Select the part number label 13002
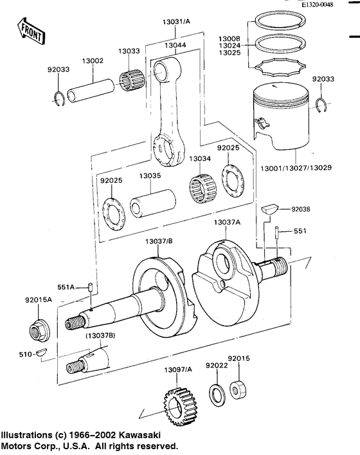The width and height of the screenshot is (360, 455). coord(93,60)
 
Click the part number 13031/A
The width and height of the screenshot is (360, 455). coord(176,22)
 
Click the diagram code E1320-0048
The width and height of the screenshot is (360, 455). coord(318,5)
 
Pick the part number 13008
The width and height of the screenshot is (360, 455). coord(229,38)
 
